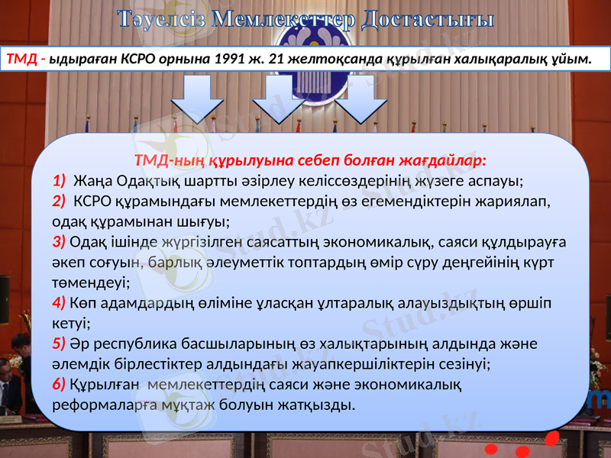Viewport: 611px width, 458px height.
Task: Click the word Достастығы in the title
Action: pyautogui.click(x=428, y=18)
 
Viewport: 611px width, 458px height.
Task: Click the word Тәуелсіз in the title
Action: pyautogui.click(x=161, y=18)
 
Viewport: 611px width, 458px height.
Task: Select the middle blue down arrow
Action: pyautogui.click(x=278, y=98)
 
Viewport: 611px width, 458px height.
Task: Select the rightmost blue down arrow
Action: pyautogui.click(x=361, y=98)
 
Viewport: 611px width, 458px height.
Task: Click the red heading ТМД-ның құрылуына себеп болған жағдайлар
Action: pyautogui.click(x=310, y=161)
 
